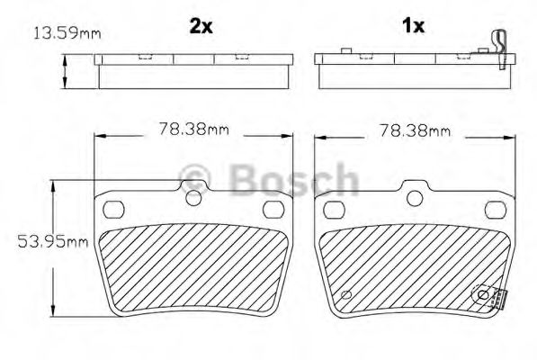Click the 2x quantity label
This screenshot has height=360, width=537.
pyautogui.click(x=201, y=26)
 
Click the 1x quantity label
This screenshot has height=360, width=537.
pyautogui.click(x=413, y=26)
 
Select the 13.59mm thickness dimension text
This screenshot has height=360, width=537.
pyautogui.click(x=66, y=34)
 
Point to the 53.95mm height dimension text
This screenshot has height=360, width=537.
pyautogui.click(x=53, y=241)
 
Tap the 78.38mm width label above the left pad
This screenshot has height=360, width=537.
pyautogui.click(x=194, y=129)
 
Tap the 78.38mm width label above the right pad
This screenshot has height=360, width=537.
pyautogui.click(x=414, y=130)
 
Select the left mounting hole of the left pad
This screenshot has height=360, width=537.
pyautogui.click(x=113, y=210)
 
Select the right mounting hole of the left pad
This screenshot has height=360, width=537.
pyautogui.click(x=273, y=210)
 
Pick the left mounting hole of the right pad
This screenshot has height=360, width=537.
pyautogui.click(x=333, y=210)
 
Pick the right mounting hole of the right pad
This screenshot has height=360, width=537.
pyautogui.click(x=494, y=210)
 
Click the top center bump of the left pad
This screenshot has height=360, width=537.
pyautogui.click(x=193, y=194)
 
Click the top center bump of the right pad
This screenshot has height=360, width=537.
pyautogui.click(x=414, y=194)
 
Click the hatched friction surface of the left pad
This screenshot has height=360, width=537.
pyautogui.click(x=193, y=265)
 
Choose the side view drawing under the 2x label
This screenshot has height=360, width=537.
pyautogui.click(x=193, y=70)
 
